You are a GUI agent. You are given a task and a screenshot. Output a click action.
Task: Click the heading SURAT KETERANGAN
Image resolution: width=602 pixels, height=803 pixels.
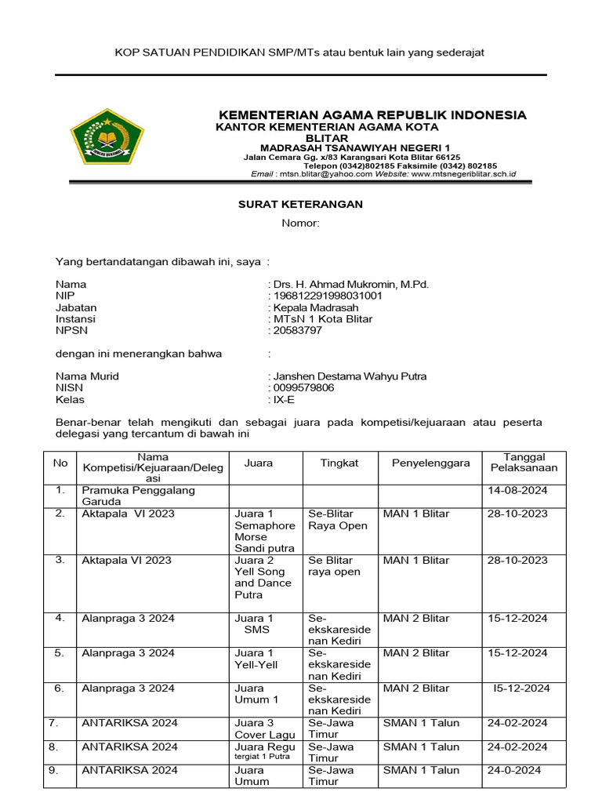pyautogui.click(x=300, y=205)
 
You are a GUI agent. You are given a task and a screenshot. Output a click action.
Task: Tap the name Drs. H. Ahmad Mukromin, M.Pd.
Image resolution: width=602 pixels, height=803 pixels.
pyautogui.click(x=350, y=284)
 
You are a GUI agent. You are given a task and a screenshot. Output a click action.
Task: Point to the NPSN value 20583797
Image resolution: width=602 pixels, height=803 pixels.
pyautogui.click(x=297, y=330)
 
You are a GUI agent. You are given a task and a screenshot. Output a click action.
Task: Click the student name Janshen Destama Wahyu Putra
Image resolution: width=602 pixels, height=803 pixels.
pyautogui.click(x=350, y=376)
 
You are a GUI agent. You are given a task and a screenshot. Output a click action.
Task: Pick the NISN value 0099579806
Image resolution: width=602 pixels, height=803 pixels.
pyautogui.click(x=303, y=387)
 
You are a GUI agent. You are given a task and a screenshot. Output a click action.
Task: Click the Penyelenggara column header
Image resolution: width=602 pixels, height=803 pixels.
pyautogui.click(x=431, y=463)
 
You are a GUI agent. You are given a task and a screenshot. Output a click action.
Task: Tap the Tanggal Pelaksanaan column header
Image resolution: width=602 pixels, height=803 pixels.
pyautogui.click(x=524, y=462)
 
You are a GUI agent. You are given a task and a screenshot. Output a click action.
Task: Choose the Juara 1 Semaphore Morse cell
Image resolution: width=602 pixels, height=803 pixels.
pyautogui.click(x=265, y=531)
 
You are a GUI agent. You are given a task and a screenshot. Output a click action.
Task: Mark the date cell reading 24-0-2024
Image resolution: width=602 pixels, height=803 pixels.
pyautogui.click(x=514, y=770)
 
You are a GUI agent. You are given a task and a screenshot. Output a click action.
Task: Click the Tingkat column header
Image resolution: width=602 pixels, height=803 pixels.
pyautogui.click(x=339, y=463)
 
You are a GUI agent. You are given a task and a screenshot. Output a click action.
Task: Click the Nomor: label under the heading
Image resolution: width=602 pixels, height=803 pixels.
pyautogui.click(x=301, y=223)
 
